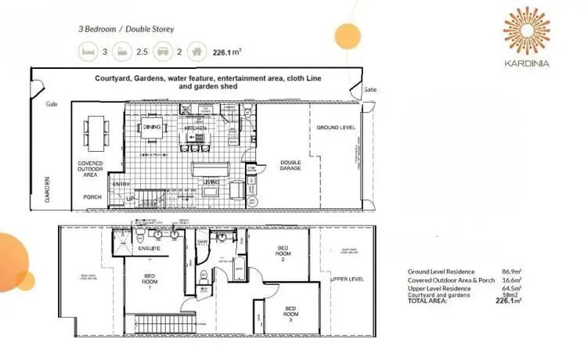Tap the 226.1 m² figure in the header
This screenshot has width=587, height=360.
point(227,52)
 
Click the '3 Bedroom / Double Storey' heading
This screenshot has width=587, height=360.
point(126,28)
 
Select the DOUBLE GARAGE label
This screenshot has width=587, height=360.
point(290,166)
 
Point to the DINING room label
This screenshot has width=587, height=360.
point(153,126)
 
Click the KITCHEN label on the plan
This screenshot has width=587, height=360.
point(194,126)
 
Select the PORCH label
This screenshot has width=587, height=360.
point(92,196)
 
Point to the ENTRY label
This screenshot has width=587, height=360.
point(122,184)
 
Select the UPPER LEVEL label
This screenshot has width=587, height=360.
point(347,279)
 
